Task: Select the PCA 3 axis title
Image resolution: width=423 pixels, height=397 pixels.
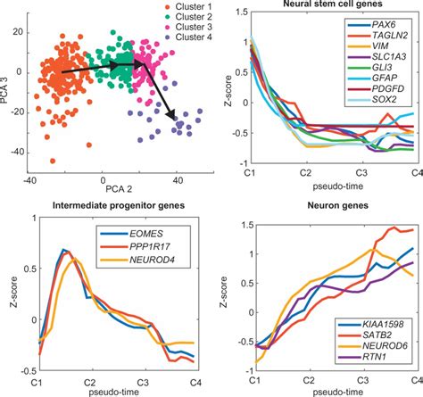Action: (6, 87)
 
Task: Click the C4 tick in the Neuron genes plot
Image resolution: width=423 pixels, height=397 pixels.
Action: (416, 379)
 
